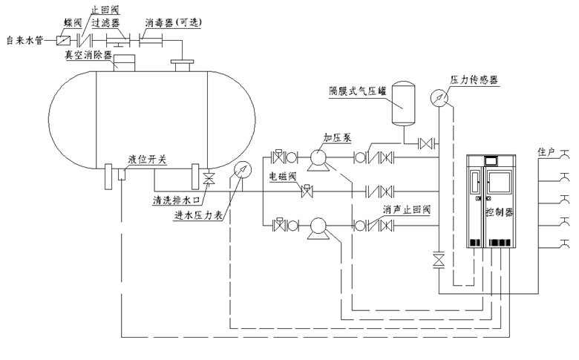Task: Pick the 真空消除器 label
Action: (89, 56)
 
